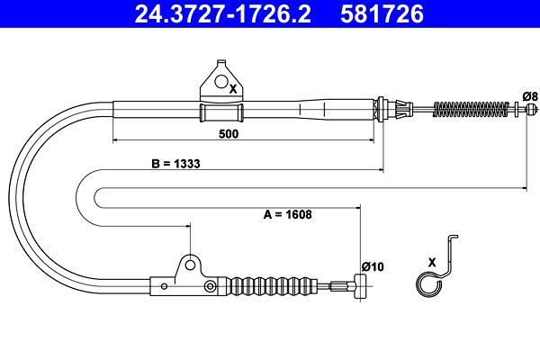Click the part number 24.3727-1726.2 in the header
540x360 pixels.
click(223, 13)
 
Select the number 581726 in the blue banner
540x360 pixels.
click(382, 13)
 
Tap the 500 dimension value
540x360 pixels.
click(229, 134)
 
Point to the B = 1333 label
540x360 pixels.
click(175, 163)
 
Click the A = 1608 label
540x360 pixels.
click(288, 214)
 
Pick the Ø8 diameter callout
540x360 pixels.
click(530, 96)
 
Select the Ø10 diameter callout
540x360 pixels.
click(373, 266)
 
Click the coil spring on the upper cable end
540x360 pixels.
click(471, 109)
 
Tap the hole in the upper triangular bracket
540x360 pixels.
click(221, 81)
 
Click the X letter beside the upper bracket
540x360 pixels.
click(233, 89)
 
